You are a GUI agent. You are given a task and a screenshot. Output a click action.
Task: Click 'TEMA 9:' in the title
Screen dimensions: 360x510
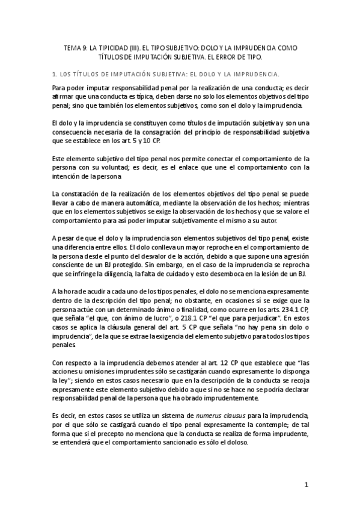click(76, 47)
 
